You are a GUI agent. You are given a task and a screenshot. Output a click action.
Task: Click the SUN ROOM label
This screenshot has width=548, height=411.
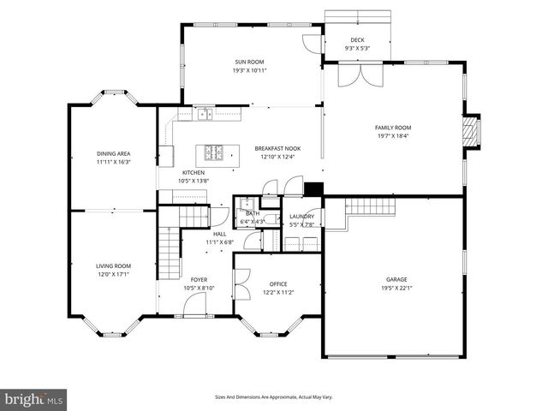click(x=249, y=62)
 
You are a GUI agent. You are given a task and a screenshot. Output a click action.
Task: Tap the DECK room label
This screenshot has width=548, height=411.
click(x=356, y=40)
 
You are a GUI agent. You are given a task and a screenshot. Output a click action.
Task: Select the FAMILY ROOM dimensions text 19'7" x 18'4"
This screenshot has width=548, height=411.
click(x=393, y=135)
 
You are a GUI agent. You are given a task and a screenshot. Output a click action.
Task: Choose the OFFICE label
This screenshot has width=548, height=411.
click(x=278, y=283)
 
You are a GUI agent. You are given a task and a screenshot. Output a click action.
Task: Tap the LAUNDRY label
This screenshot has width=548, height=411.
click(x=301, y=217)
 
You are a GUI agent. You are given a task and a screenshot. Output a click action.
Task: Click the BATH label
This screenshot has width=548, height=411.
click(x=253, y=214)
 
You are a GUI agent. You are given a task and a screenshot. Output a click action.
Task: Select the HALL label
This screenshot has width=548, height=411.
click(x=219, y=234)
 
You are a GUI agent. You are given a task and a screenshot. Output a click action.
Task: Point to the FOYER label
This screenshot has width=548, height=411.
click(x=198, y=279)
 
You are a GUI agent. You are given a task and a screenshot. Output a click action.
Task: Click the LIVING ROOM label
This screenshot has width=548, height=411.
click(x=113, y=266)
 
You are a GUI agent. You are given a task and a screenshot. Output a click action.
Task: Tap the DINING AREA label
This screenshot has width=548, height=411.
click(x=113, y=153)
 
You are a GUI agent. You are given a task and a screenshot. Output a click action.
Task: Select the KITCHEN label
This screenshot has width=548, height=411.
click(x=193, y=172)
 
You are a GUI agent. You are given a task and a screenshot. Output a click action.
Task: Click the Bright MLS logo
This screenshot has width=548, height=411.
click(x=34, y=398)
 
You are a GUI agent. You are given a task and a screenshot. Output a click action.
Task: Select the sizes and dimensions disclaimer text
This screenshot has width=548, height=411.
click(x=274, y=397)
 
